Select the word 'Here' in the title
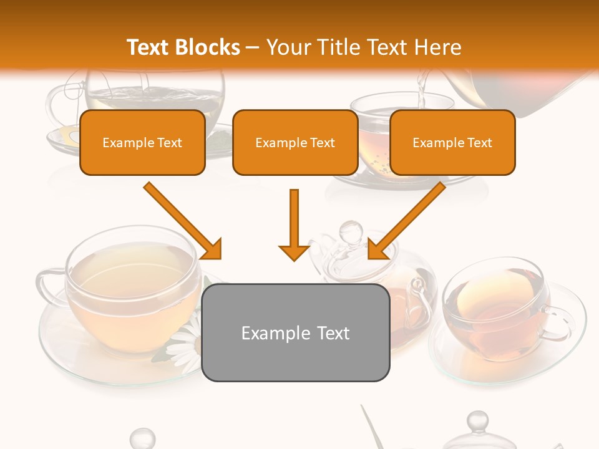tap(437, 47)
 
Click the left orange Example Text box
tap(142, 142)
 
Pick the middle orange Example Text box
tap(295, 142)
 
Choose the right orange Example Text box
tap(452, 142)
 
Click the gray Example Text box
tap(295, 332)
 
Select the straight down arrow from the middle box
tap(294, 224)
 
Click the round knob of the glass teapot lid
tap(348, 232)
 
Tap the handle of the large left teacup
tap(47, 287)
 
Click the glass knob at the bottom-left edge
tap(142, 437)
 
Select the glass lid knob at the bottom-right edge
tap(477, 423)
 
